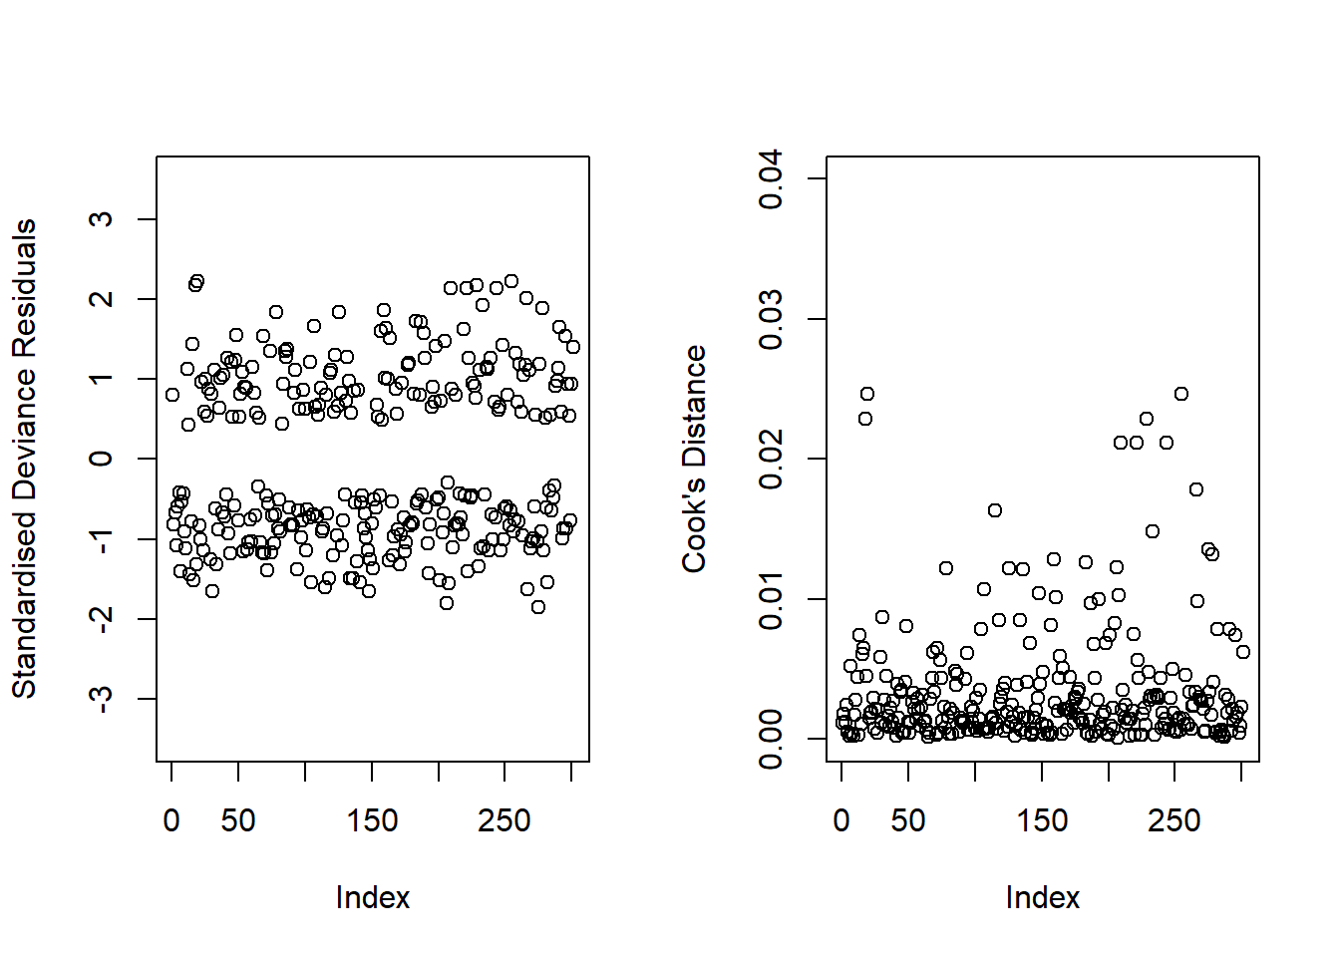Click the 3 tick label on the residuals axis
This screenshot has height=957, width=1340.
tap(101, 219)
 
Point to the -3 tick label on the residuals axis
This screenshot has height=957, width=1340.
tap(101, 699)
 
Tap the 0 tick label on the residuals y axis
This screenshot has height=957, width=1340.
tap(101, 459)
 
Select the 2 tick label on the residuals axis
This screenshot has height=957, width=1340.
tap(101, 299)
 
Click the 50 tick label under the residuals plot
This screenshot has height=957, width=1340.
tap(238, 821)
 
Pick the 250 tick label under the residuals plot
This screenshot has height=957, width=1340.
tap(504, 821)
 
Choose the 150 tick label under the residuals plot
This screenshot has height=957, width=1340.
tap(372, 821)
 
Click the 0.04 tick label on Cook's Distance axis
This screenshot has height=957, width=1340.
tap(771, 179)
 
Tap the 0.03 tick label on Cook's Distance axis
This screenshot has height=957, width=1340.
tap(771, 319)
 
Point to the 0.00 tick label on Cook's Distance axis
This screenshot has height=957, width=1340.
tap(771, 739)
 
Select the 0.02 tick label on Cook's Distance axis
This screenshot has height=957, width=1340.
tap(771, 459)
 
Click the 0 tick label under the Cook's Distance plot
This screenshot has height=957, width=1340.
tap(841, 821)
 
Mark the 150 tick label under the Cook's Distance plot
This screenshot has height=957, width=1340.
tap(1042, 821)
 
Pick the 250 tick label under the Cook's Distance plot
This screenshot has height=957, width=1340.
tap(1174, 821)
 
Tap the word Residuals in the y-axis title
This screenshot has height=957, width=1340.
tap(24, 288)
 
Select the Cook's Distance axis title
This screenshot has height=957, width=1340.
tap(694, 459)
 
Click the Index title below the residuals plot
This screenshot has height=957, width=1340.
tap(373, 898)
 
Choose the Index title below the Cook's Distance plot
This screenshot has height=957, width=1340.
tap(1043, 898)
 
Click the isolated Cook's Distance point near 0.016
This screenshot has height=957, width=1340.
tap(994, 510)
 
